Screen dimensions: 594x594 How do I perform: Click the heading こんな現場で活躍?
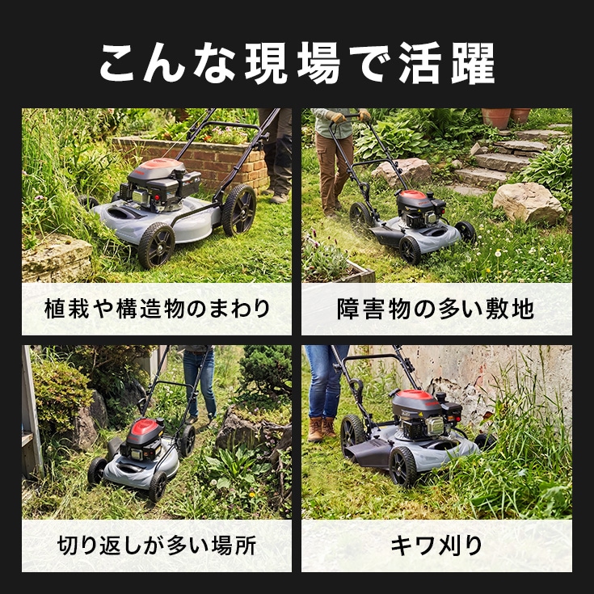(297, 63)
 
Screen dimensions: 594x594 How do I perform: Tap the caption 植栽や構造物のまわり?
(157, 309)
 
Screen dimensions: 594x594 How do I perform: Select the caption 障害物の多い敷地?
(436, 309)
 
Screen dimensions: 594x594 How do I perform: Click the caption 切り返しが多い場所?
(157, 546)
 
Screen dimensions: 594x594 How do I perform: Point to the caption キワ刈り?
(436, 546)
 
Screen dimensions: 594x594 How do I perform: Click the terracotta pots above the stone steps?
(507, 116)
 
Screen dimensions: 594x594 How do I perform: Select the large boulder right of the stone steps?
(529, 204)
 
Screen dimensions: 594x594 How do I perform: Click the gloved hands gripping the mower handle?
(348, 116)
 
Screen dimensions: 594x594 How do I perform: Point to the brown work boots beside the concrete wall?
(322, 429)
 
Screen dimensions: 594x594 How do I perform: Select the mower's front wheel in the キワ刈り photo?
(403, 466)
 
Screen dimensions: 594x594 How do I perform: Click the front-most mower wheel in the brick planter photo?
(156, 245)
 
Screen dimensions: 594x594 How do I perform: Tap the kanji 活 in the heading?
(420, 63)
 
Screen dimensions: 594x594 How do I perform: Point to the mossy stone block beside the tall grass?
(56, 258)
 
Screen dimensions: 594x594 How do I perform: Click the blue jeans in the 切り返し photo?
(200, 382)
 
